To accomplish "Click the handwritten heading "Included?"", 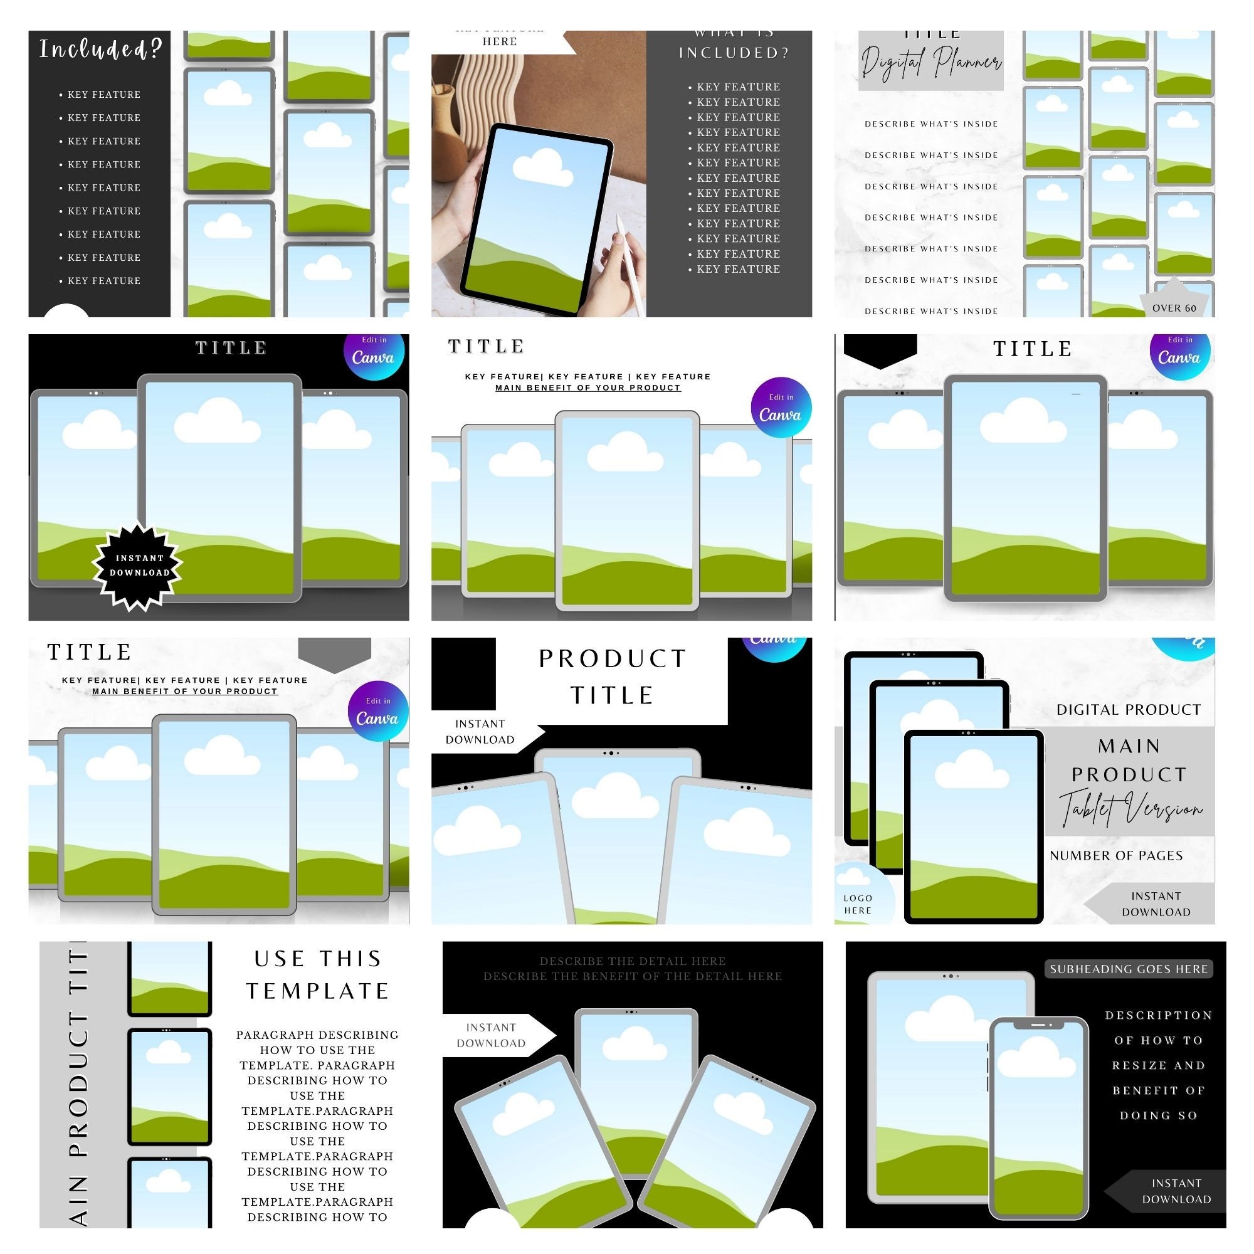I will (x=100, y=50).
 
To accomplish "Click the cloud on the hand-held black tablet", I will (x=542, y=167).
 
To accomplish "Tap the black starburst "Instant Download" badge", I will (x=138, y=566).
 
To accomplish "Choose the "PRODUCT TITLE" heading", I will (x=612, y=677).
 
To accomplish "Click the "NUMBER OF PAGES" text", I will (x=1116, y=855).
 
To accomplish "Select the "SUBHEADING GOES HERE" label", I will (x=1128, y=969).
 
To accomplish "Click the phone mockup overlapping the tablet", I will (x=1038, y=1117).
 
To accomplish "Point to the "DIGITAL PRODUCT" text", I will (x=1128, y=709).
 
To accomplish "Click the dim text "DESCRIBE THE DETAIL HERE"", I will (x=632, y=961).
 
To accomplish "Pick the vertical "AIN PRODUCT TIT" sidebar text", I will (x=78, y=1084).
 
